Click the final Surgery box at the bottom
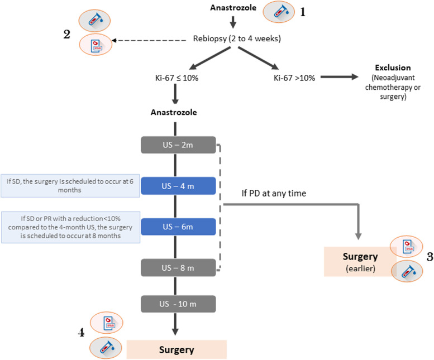[177, 350]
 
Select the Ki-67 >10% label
[294, 78]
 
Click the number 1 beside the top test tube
[303, 12]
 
